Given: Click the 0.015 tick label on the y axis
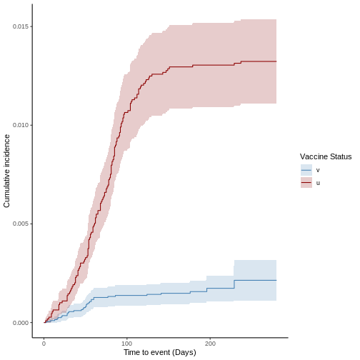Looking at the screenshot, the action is click(21, 26).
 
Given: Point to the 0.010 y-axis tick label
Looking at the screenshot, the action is click(21, 125).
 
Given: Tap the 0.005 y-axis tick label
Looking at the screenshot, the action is click(21, 224).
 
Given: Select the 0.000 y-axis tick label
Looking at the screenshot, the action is click(21, 323).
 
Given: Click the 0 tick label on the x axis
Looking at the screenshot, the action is click(44, 344).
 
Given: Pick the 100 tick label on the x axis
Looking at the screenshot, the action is click(126, 344).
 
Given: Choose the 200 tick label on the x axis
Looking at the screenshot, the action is click(210, 344).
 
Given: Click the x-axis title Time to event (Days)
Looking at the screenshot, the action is click(160, 352).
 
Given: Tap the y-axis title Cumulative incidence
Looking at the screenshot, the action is click(6, 171).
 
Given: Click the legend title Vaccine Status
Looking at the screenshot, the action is click(326, 156).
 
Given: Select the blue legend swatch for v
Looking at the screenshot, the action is click(306, 170).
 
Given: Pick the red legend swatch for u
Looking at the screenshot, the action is click(306, 182).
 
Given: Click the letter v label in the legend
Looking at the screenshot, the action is click(318, 170).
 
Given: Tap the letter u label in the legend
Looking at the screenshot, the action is click(318, 183).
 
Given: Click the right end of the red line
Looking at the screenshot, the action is click(276, 61).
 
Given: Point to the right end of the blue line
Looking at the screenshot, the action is click(276, 280).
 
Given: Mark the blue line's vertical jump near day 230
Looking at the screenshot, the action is click(234, 284).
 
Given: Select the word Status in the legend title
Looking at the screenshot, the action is click(340, 156).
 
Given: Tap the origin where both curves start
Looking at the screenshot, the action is click(44, 323).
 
